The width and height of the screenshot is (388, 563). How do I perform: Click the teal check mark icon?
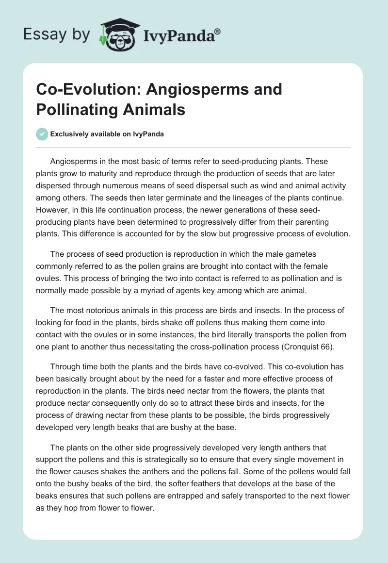coord(42,134)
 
